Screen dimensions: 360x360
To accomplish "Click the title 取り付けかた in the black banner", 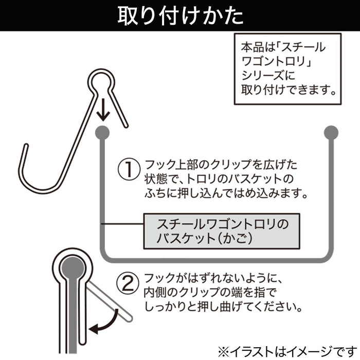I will click(180, 15).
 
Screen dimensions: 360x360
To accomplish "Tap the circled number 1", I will click(129, 169).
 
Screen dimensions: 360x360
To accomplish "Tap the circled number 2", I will click(129, 281).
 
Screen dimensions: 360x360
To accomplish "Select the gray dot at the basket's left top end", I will click(102, 131).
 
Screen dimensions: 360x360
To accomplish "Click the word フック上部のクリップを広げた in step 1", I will click(221, 166).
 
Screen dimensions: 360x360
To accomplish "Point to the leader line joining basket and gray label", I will click(121, 223).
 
